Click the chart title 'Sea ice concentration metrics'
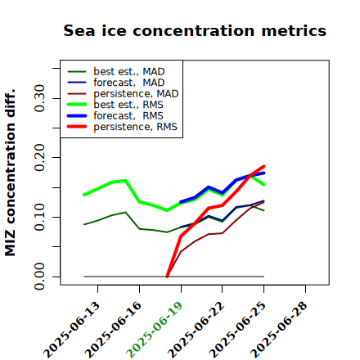[x=195, y=30]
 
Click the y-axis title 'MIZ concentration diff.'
[x=10, y=173]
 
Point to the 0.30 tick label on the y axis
[x=39, y=98]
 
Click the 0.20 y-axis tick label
[x=39, y=158]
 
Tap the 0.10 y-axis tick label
[x=39, y=217]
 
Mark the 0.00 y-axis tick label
[x=39, y=277]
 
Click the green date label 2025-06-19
[x=155, y=330]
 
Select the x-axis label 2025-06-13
[x=71, y=330]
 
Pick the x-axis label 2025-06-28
[x=279, y=330]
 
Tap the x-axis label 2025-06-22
[x=196, y=330]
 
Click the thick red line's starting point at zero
[x=167, y=277]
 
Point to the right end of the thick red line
[x=264, y=166]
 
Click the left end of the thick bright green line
[x=84, y=195]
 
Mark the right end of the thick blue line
[x=264, y=173]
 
